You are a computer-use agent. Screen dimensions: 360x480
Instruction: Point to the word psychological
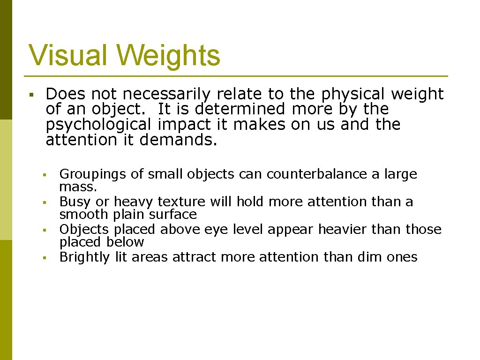pyautogui.click(x=99, y=125)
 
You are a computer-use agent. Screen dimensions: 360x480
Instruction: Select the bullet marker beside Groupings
pyautogui.click(x=43, y=175)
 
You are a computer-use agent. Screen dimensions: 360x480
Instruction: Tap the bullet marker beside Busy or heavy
pyautogui.click(x=43, y=202)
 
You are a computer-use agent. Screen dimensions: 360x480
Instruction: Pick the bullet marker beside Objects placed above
pyautogui.click(x=43, y=230)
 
